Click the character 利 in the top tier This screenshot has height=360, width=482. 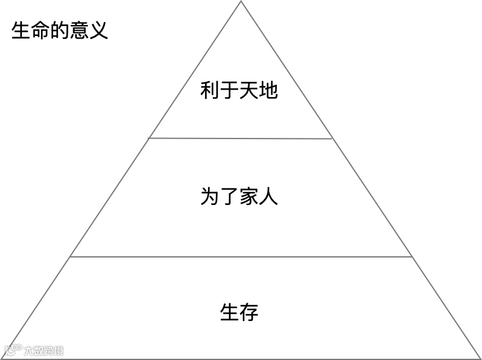210,91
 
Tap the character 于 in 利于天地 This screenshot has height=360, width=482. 229,91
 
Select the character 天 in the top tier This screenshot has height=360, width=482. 249,91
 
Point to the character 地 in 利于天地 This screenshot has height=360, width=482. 268,91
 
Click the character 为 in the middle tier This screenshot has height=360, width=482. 210,196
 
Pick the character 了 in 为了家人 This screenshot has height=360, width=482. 229,196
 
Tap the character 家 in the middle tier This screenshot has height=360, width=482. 249,196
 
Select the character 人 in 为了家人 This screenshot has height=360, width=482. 268,196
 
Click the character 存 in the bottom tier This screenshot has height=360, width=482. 249,312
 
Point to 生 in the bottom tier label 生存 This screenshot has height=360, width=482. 229,312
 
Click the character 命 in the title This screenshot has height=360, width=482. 41,30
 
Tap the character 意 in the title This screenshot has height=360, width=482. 79,30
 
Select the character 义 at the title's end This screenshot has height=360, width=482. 99,30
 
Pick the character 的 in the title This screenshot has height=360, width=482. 60,30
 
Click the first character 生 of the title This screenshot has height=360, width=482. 21,30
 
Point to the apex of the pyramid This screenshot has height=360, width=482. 241,2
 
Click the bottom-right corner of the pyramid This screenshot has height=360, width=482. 480,358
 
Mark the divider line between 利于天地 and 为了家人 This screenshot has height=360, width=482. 241,139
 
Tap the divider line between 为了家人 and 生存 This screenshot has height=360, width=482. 241,257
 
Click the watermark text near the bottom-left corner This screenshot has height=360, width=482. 43,351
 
